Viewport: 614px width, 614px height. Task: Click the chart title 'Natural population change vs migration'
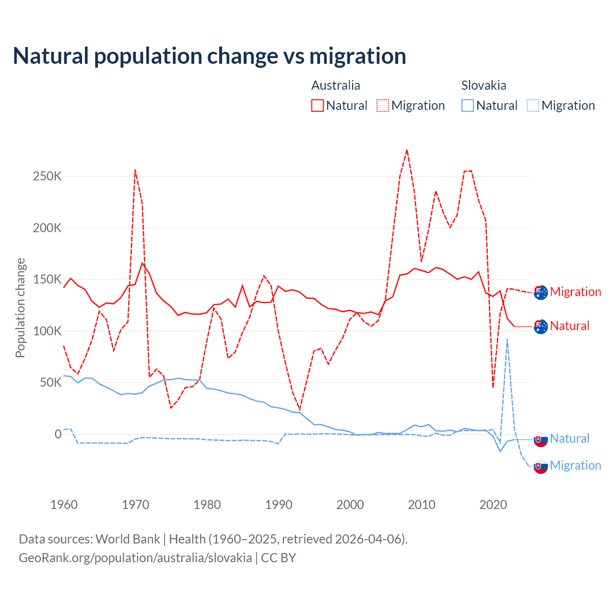click(x=209, y=56)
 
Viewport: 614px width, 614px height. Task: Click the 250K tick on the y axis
click(x=47, y=177)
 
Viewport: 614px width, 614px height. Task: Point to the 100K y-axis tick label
click(x=47, y=331)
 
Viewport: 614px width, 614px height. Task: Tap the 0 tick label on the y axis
click(x=58, y=434)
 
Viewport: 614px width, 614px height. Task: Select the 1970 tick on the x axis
click(x=136, y=505)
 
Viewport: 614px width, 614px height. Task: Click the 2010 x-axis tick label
click(x=422, y=505)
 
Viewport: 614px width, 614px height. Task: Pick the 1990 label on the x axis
click(x=279, y=505)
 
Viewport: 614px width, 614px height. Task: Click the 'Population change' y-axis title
click(x=20, y=307)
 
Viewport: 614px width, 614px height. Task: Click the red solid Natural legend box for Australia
click(x=318, y=106)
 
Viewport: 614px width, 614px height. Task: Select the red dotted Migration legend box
click(x=383, y=106)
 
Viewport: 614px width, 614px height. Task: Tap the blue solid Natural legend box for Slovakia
click(x=468, y=106)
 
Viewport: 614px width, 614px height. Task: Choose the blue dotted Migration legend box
click(x=533, y=106)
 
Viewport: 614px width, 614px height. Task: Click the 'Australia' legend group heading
click(x=336, y=85)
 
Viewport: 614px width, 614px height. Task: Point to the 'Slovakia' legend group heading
click(x=484, y=85)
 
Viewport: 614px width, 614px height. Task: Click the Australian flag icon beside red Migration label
click(x=541, y=292)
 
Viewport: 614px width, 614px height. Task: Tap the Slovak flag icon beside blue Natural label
click(x=541, y=439)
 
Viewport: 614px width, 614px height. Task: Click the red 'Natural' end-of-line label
click(x=569, y=326)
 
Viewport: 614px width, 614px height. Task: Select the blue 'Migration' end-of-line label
click(x=575, y=465)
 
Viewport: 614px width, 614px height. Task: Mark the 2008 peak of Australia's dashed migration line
click(x=407, y=150)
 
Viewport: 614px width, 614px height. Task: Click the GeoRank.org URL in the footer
click(x=135, y=558)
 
